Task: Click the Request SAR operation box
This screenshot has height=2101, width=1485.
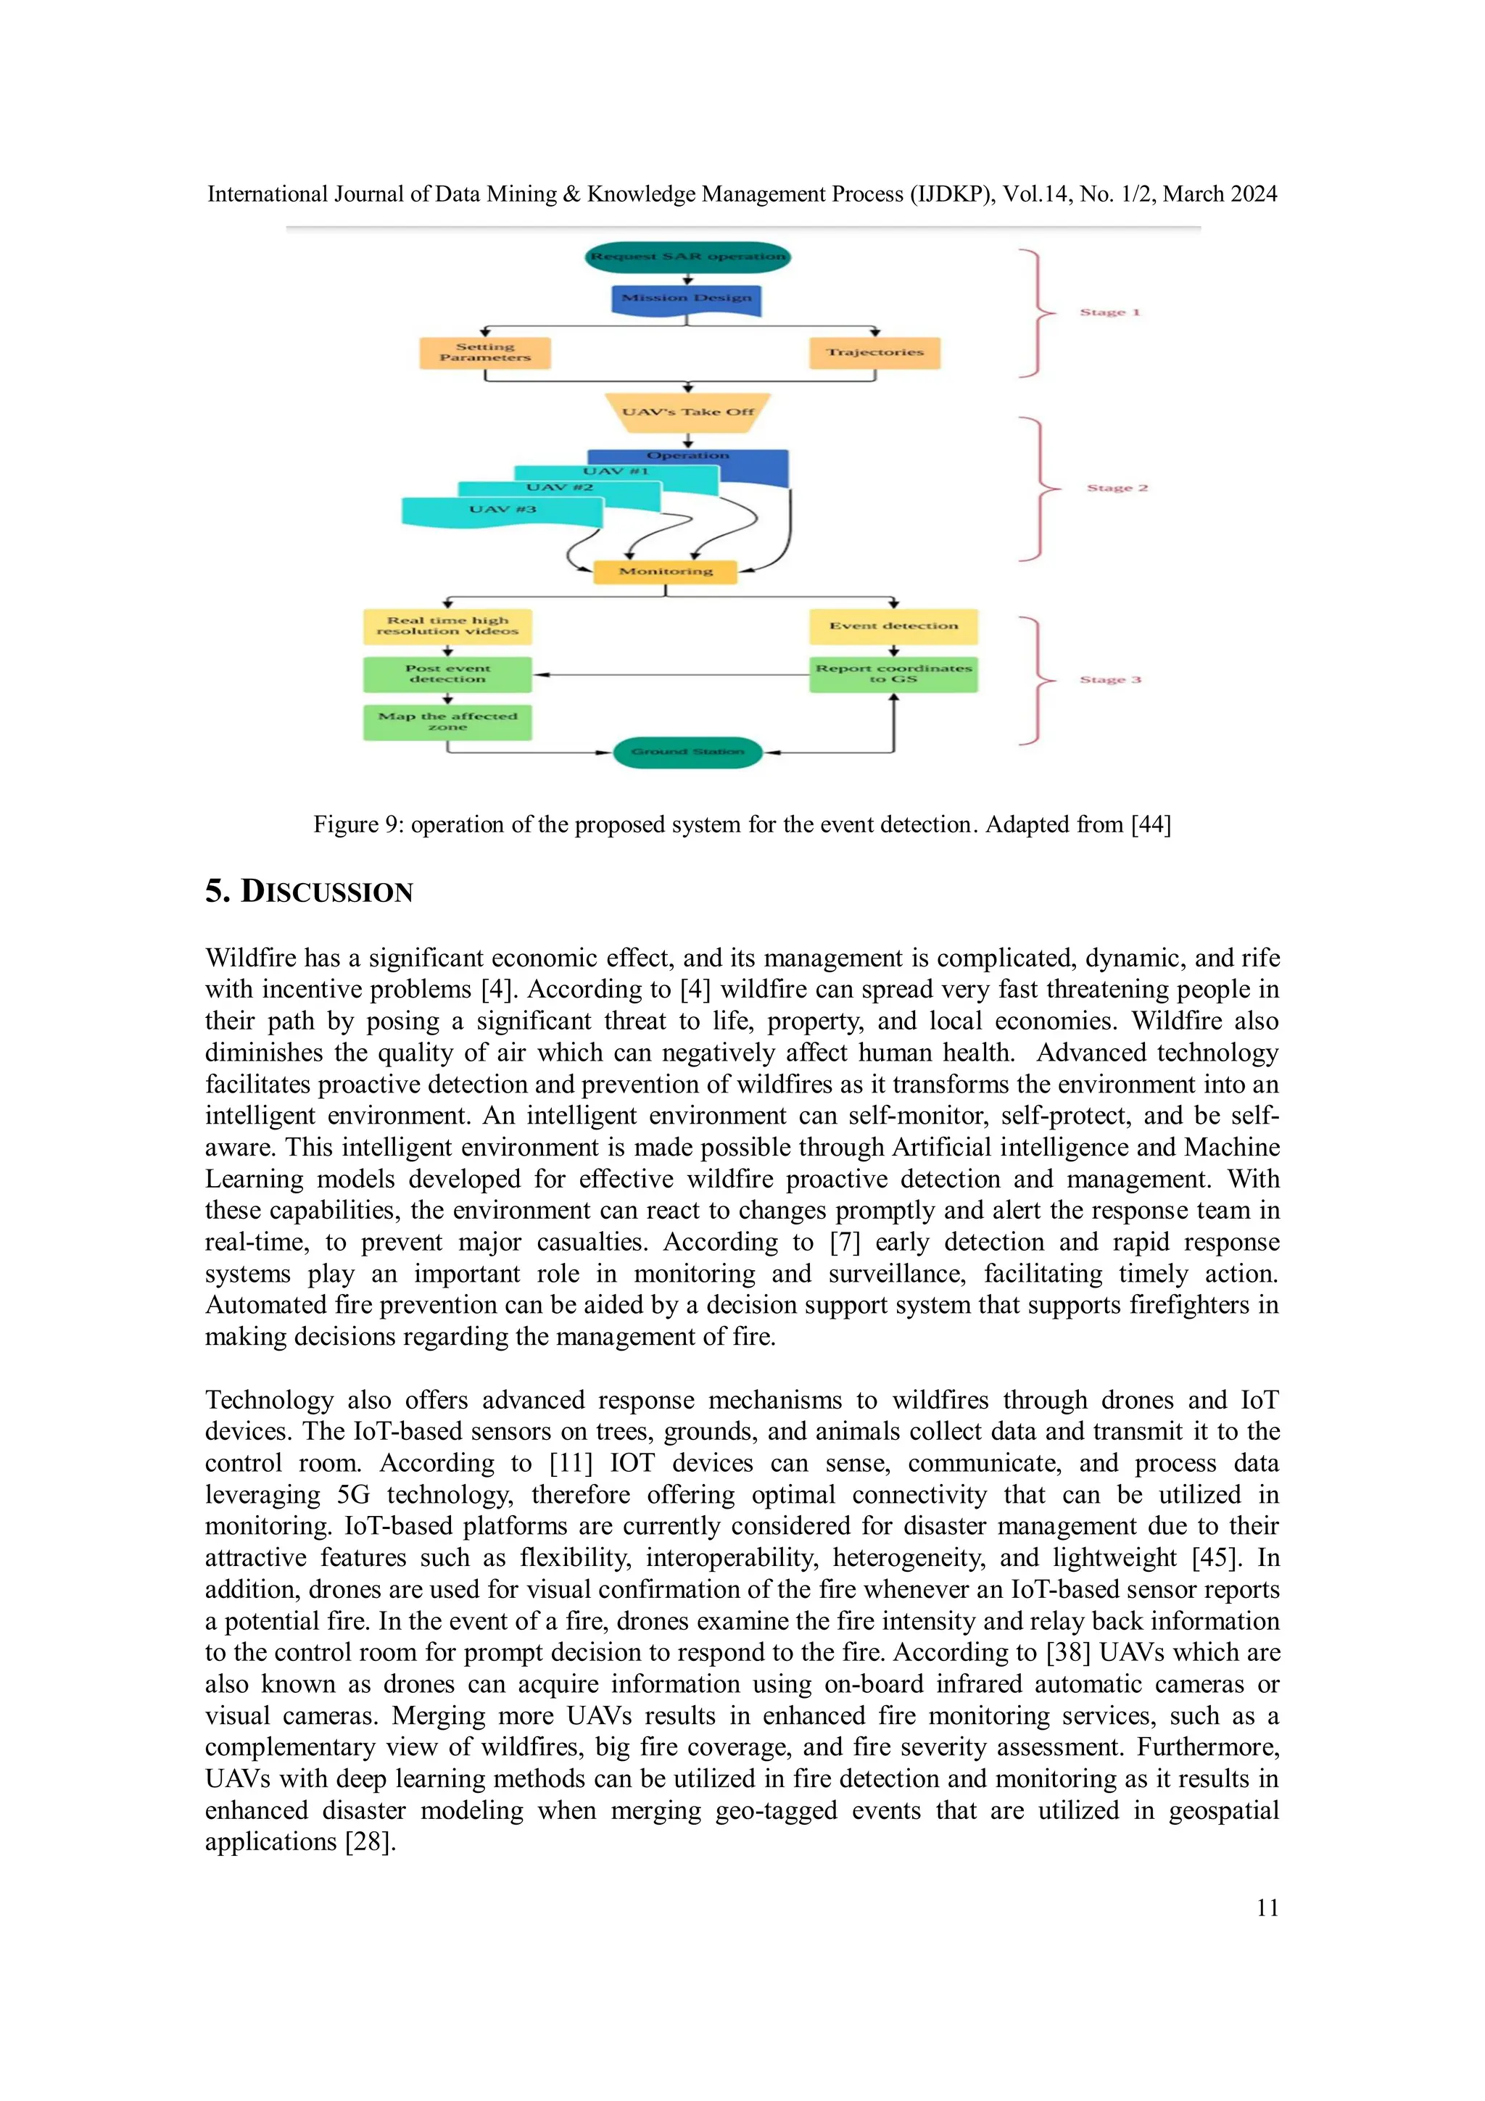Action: [687, 256]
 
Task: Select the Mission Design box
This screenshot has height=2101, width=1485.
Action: [686, 298]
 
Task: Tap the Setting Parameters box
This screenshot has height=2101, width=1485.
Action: [485, 352]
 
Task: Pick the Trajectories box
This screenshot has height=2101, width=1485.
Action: [874, 352]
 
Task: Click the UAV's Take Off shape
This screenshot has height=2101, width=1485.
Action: [688, 412]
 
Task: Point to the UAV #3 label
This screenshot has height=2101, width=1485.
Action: [502, 510]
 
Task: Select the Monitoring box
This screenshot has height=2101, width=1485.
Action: [665, 571]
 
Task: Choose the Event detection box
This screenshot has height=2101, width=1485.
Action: [893, 626]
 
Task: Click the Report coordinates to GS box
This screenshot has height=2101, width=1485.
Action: [893, 674]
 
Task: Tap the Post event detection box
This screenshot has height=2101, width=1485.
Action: [447, 674]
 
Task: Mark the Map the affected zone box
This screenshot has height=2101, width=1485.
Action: [447, 721]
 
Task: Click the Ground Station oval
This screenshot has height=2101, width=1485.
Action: [687, 753]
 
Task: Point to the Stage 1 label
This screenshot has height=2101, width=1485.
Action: [1110, 312]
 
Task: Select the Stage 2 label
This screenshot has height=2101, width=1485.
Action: [1117, 488]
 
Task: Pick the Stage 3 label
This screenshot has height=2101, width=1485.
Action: [1110, 680]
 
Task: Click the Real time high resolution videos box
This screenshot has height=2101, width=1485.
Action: [447, 626]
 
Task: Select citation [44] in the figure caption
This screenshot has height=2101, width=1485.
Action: [1151, 824]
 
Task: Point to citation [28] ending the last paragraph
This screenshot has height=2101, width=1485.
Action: [370, 1841]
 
